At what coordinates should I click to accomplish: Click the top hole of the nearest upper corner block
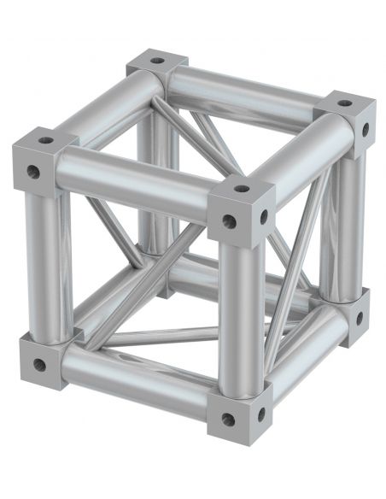click(242, 189)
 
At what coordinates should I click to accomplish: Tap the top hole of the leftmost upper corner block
click(45, 140)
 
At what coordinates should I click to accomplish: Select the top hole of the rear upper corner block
click(156, 62)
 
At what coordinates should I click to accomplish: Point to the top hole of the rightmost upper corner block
click(343, 103)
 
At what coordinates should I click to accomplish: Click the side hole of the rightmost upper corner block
click(365, 130)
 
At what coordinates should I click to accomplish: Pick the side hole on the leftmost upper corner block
click(34, 173)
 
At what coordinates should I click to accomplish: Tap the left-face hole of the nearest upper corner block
click(228, 221)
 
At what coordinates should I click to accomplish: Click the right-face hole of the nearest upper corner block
click(263, 215)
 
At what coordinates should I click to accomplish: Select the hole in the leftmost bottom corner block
click(39, 365)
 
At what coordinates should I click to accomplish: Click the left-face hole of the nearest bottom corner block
click(227, 419)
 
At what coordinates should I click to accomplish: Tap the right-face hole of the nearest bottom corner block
click(260, 414)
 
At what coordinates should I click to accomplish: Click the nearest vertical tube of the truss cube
click(239, 316)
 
